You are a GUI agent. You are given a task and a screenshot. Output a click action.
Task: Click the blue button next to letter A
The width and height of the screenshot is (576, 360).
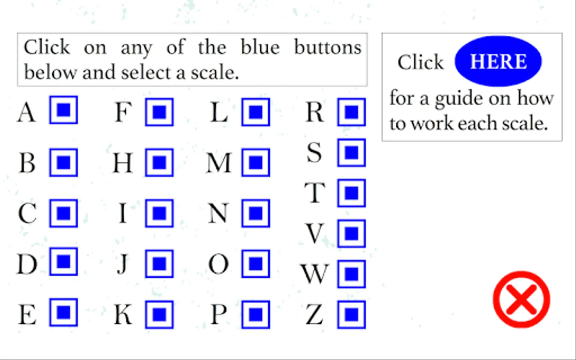[x=64, y=110]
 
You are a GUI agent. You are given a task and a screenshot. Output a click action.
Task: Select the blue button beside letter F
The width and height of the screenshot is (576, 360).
[x=159, y=112]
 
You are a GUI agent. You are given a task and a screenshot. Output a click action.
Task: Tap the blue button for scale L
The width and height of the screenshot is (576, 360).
[x=256, y=112]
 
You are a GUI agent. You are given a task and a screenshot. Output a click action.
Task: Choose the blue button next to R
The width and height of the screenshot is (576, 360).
[x=352, y=112]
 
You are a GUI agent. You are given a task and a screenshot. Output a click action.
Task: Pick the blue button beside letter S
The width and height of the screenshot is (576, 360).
[x=352, y=152]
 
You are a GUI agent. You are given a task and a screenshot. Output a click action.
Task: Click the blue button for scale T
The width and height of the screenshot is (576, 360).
[x=352, y=193]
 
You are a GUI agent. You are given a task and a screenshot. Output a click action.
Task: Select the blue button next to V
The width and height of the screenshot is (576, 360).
[x=352, y=234]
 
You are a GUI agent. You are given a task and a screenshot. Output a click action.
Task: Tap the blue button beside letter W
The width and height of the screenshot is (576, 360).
[x=352, y=274]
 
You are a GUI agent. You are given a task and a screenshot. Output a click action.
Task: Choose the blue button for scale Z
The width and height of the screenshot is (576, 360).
[x=352, y=315]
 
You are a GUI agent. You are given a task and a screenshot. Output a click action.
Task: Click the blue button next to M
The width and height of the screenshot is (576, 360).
[x=256, y=162]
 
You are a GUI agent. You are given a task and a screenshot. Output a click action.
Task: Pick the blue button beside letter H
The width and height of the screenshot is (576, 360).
[x=159, y=162]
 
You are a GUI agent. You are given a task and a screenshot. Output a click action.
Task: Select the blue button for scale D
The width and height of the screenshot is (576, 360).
[x=64, y=262]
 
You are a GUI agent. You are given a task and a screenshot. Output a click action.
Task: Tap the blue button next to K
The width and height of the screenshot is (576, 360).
[x=159, y=315]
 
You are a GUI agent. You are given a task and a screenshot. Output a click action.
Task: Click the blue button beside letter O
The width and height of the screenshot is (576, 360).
[x=256, y=264]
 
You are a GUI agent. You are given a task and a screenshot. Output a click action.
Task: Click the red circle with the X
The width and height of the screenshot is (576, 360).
[x=522, y=299]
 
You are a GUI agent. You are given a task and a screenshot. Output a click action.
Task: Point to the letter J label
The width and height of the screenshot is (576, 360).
[x=123, y=264]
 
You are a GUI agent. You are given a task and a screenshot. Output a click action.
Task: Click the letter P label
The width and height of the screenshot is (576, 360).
[x=218, y=315]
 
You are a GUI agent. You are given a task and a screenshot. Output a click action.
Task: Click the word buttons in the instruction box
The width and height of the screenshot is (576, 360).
[x=328, y=47]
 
